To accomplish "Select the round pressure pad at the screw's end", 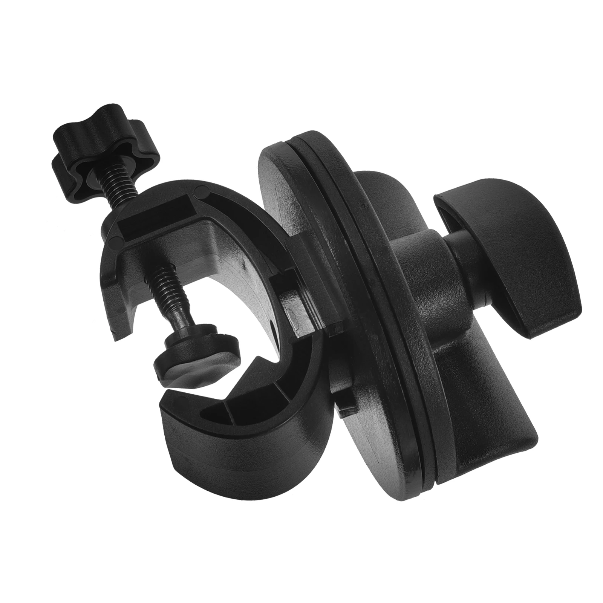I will tap(196, 347).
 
